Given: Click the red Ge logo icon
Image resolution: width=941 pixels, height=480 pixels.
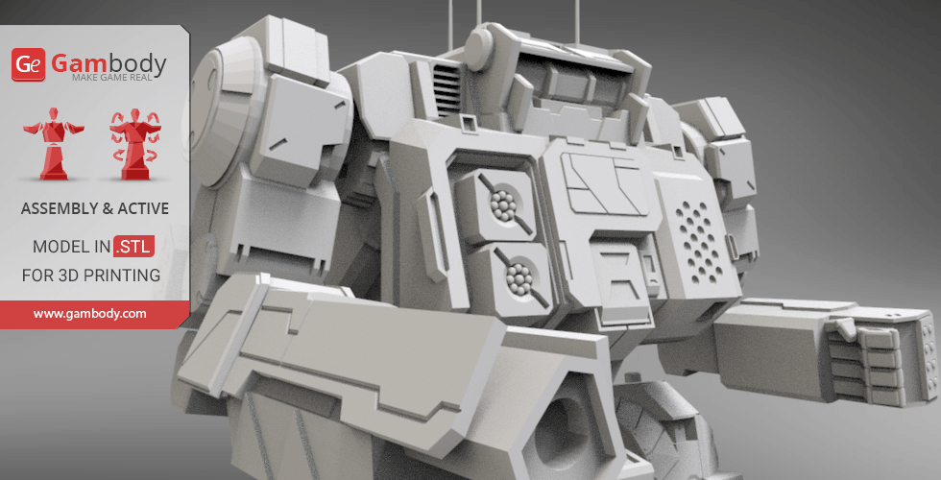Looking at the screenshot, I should point(29,65).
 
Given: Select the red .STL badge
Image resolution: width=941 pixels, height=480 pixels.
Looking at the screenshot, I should point(133,247).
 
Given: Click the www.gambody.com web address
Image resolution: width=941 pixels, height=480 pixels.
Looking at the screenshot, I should point(90,313).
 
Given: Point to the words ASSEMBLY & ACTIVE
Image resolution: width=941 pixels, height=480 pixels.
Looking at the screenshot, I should point(94,208).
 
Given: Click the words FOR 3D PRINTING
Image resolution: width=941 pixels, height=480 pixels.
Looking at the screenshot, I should point(91,276).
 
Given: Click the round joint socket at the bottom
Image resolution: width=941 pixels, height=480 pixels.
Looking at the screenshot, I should point(556,432).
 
